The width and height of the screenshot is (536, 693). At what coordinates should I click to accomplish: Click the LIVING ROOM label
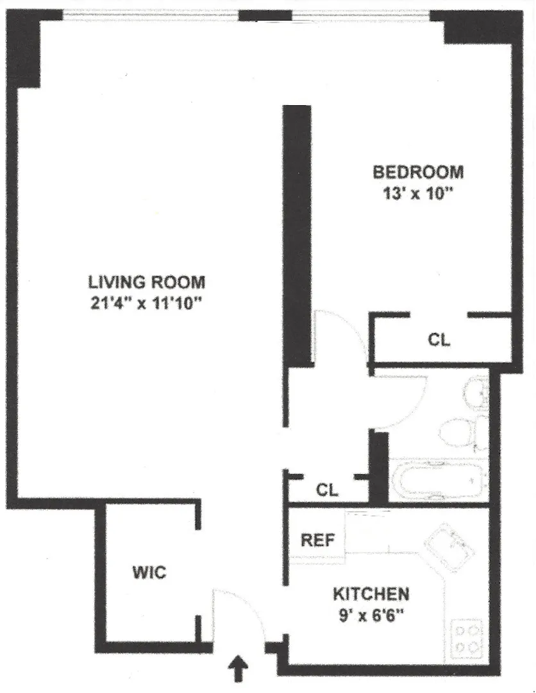(x=147, y=282)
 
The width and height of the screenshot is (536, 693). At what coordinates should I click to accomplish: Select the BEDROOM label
(x=418, y=172)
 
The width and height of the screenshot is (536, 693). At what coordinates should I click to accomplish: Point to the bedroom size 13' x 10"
(x=418, y=193)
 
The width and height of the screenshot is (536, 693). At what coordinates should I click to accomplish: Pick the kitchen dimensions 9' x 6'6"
(x=371, y=614)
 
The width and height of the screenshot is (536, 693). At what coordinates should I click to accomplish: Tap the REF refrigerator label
(x=318, y=540)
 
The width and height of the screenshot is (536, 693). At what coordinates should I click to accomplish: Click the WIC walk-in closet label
(x=149, y=572)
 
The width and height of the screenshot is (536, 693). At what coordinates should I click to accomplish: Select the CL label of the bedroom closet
(x=439, y=340)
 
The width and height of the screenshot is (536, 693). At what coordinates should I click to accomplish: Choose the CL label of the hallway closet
(x=327, y=490)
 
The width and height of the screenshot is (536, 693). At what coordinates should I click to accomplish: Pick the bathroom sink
(x=477, y=391)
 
